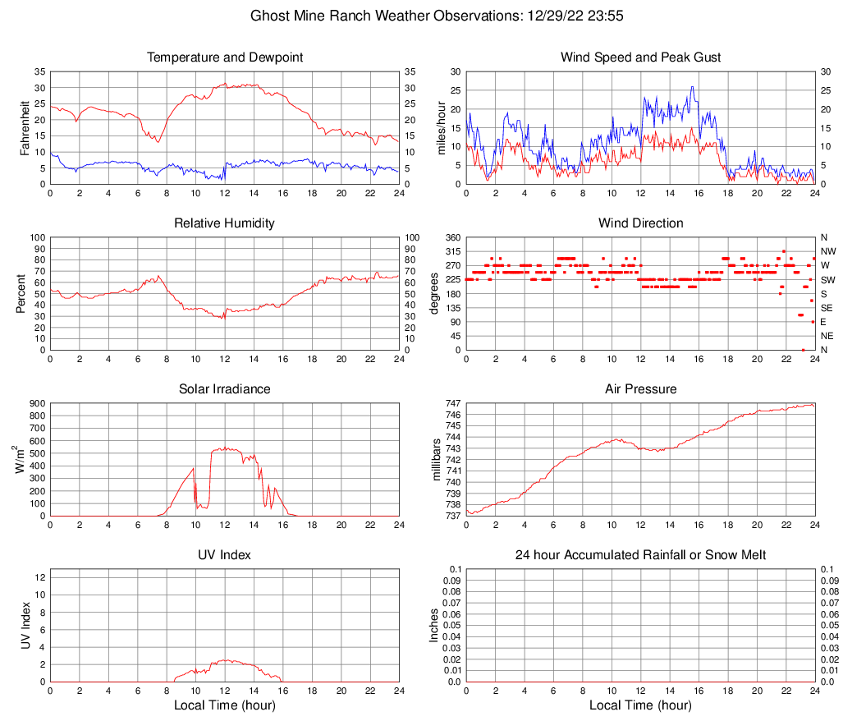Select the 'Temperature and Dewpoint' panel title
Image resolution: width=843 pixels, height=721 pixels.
click(225, 57)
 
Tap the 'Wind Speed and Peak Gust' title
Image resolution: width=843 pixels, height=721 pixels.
click(640, 57)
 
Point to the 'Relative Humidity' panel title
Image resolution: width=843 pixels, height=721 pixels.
click(225, 223)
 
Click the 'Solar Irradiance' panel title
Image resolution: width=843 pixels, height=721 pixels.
click(225, 389)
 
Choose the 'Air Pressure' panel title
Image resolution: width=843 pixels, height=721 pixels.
click(640, 389)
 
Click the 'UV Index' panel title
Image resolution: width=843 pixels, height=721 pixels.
click(225, 555)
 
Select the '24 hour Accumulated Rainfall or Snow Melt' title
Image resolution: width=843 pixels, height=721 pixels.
click(640, 555)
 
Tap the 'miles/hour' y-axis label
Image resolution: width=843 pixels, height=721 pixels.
click(441, 127)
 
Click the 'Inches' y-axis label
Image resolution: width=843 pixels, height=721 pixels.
click(435, 625)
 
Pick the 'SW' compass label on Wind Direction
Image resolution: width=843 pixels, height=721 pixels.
click(827, 280)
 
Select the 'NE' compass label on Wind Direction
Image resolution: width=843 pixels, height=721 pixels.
click(827, 336)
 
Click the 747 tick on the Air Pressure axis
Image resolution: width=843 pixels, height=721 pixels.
click(453, 403)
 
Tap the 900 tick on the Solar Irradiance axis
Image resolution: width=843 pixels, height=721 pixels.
click(36, 403)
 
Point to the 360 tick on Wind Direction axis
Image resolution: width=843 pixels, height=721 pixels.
click(452, 237)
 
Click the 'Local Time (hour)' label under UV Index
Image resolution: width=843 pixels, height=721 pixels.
click(225, 705)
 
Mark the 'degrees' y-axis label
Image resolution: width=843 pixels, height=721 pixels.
click(435, 294)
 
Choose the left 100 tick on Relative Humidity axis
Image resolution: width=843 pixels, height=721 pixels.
click(36, 237)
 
